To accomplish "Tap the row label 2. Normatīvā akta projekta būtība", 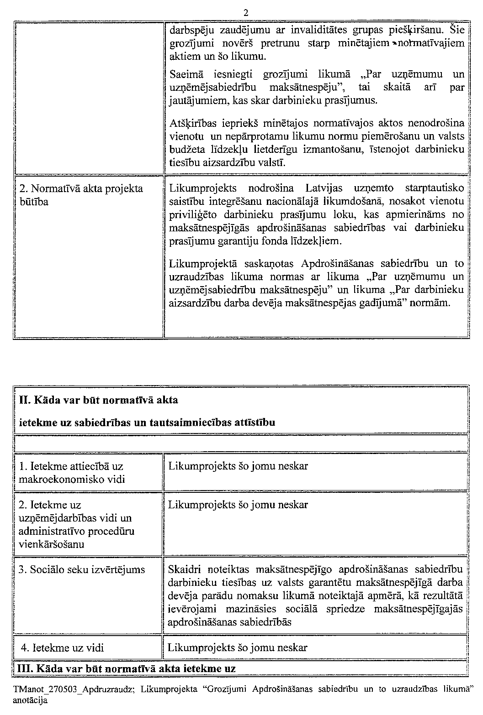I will (81, 195).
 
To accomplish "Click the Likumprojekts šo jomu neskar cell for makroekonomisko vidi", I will (238, 466).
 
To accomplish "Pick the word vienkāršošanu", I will (52, 544).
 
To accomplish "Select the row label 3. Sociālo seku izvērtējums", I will (82, 569).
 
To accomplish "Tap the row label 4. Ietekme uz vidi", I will (63, 647).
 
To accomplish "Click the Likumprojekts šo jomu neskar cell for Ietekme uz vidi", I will (238, 647).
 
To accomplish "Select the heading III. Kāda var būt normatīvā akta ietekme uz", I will (126, 669).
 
